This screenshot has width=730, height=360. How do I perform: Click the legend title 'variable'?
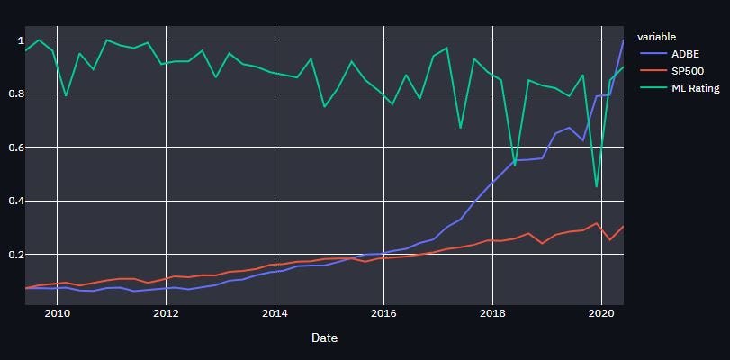[656, 37]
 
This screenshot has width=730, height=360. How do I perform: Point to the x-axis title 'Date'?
[324, 337]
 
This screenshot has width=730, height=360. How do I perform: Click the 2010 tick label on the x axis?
[58, 313]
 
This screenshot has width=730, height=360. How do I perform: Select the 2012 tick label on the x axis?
[167, 313]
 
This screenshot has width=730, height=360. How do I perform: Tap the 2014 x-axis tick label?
[275, 313]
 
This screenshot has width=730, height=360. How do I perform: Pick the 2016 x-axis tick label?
[383, 313]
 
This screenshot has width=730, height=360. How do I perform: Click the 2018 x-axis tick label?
[492, 313]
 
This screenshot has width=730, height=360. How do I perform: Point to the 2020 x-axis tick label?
[600, 313]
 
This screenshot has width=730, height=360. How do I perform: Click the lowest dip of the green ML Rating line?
[597, 187]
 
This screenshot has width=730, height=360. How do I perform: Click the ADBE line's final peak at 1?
[623, 40]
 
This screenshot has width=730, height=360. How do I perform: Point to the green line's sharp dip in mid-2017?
[461, 128]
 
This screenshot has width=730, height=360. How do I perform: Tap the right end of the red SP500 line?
[623, 226]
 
